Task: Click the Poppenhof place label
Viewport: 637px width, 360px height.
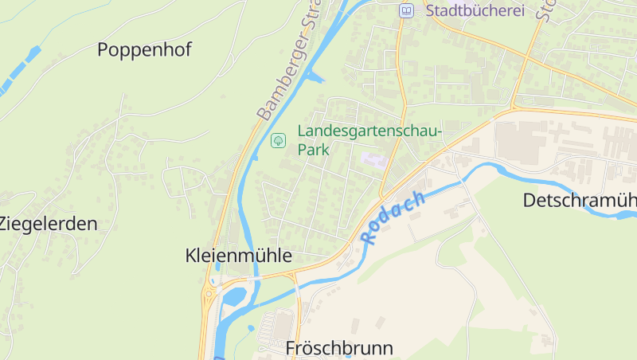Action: (x=144, y=49)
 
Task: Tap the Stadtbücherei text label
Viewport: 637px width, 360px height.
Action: (x=475, y=10)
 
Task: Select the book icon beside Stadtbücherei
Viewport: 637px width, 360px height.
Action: (x=407, y=10)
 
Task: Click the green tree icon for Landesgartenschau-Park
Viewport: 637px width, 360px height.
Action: (x=279, y=140)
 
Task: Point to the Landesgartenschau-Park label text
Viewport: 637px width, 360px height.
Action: (x=369, y=140)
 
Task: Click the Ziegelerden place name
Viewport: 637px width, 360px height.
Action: (x=48, y=224)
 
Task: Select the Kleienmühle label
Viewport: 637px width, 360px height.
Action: (x=238, y=256)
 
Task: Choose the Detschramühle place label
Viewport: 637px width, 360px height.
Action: (x=580, y=200)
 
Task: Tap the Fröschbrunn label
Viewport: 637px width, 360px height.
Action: (x=339, y=348)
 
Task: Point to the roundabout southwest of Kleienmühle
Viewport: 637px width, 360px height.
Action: (x=209, y=293)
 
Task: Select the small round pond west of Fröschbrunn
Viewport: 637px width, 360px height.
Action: (x=251, y=327)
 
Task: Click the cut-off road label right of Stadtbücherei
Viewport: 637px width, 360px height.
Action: (x=546, y=10)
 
